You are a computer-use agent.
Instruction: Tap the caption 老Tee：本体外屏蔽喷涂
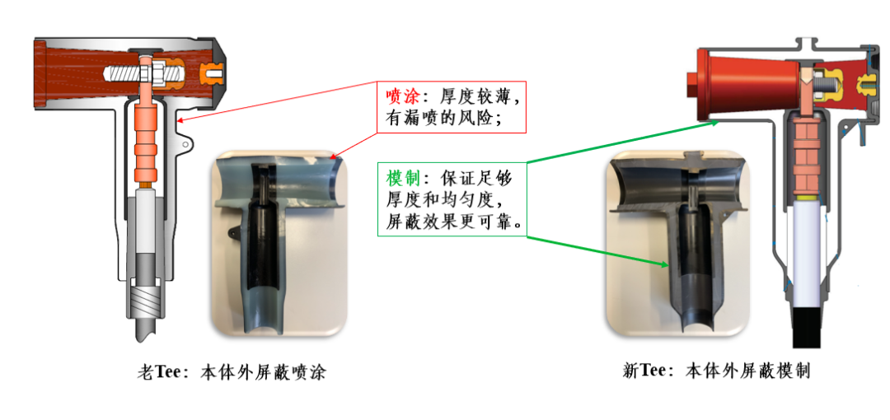tap(232, 372)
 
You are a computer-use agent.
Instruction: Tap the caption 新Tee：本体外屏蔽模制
tap(717, 371)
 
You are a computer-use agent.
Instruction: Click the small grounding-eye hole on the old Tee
tap(185, 146)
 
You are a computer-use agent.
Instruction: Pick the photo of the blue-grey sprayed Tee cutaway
tap(279, 243)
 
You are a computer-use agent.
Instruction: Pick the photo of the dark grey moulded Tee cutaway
tap(676, 243)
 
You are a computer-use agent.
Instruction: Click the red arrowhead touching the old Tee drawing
tap(181, 119)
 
